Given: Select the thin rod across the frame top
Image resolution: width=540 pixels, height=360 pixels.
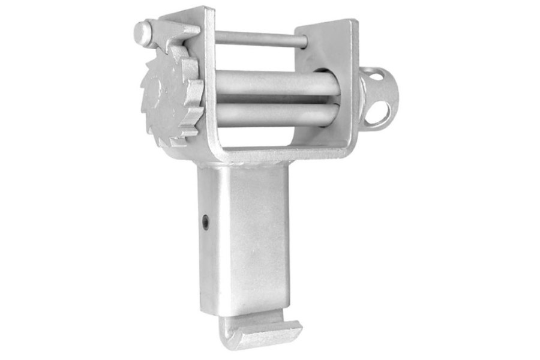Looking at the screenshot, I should [258, 39].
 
